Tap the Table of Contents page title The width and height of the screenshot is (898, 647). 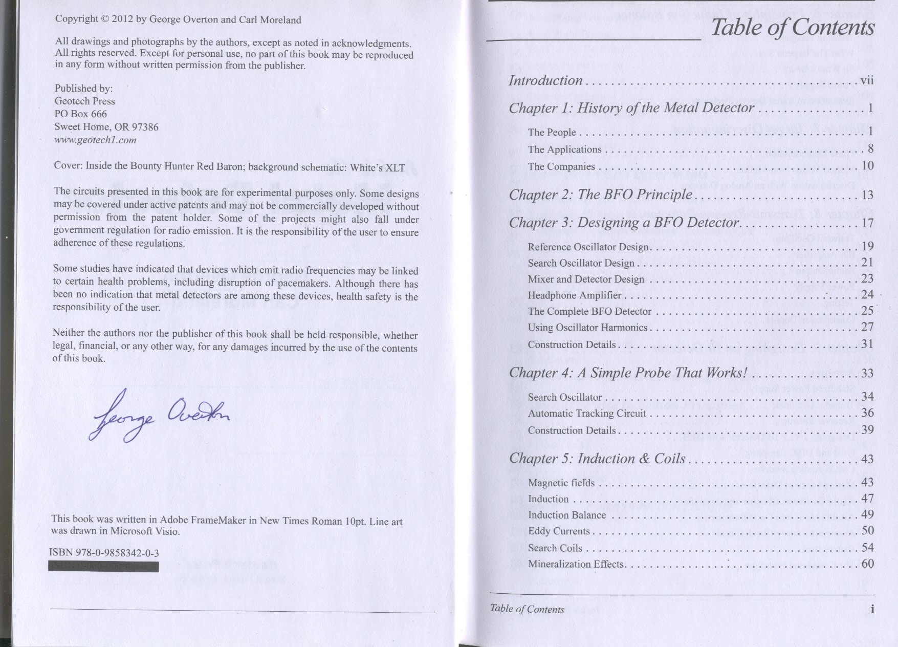pos(793,28)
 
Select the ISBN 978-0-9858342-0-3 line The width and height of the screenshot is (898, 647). pos(104,553)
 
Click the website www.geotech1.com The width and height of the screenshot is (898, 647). pos(96,140)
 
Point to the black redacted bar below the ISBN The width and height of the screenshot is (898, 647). pos(104,566)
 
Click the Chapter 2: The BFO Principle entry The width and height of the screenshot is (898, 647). pos(600,195)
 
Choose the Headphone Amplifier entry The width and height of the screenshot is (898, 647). pos(575,295)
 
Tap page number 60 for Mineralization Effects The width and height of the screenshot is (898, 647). pos(867,564)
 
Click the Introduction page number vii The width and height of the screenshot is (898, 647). pos(867,80)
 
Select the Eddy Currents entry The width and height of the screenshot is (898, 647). pos(559,531)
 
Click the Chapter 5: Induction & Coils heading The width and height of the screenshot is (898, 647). pos(597,459)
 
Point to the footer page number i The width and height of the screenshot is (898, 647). pos(872,609)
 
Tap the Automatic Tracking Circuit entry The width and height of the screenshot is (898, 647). pos(587,414)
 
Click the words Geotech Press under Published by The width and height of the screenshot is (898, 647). pos(85,101)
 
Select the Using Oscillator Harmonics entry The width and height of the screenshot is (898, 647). pos(587,328)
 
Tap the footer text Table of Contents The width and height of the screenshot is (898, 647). pos(527,609)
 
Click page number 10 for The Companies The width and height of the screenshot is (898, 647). pos(867,166)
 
